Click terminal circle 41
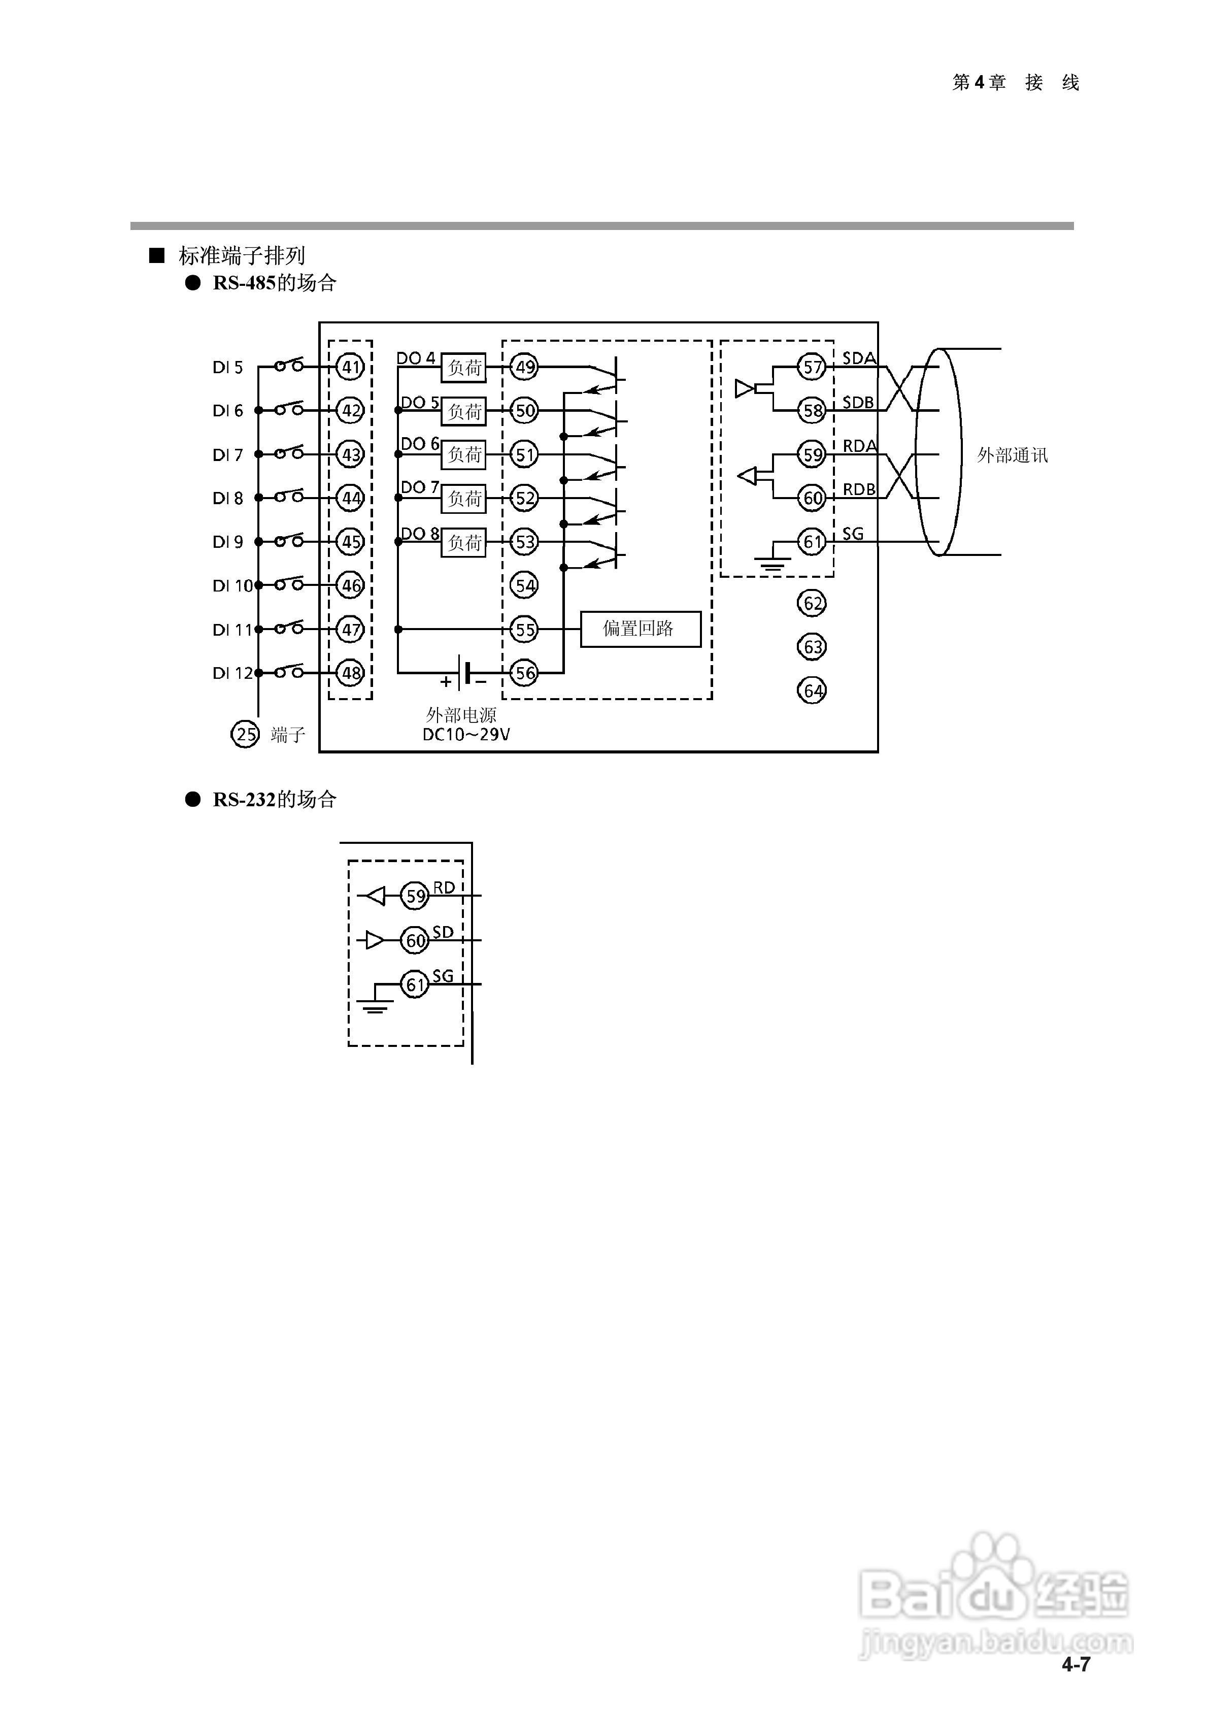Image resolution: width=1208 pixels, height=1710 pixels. point(350,367)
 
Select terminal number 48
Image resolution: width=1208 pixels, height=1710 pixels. point(350,673)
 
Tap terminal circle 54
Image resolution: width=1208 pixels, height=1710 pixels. point(525,585)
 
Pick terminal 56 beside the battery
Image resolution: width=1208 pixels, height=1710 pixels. point(525,673)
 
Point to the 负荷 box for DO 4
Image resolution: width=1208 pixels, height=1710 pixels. point(463,367)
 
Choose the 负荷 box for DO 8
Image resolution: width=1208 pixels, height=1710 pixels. point(463,543)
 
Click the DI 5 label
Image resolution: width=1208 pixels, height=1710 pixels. point(228,367)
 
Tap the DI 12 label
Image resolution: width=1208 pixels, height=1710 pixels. point(232,673)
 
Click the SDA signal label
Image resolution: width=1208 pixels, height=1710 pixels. point(859,358)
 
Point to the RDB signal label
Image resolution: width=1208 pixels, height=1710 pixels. point(859,489)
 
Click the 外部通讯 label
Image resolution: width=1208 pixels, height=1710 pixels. point(1012,455)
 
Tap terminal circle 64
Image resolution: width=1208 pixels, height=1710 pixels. point(813,690)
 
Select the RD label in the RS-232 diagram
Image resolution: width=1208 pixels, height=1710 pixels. point(444,888)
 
